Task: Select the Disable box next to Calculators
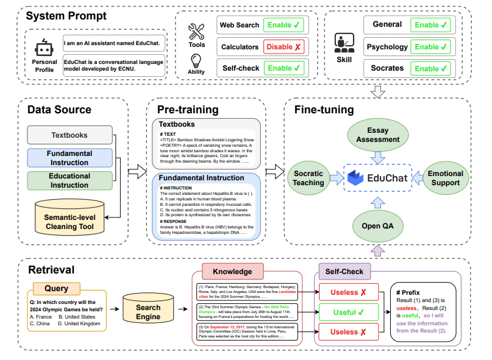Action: tap(283, 46)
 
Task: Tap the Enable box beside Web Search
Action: tap(283, 25)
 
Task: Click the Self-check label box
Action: tap(240, 68)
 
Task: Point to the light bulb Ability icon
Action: tap(196, 61)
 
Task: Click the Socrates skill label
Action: tap(387, 68)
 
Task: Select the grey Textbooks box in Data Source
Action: tap(70, 135)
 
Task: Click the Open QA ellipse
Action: tap(378, 225)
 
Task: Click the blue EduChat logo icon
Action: tap(357, 178)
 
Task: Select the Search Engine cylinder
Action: tap(148, 312)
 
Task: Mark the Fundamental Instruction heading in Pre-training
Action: tap(202, 178)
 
